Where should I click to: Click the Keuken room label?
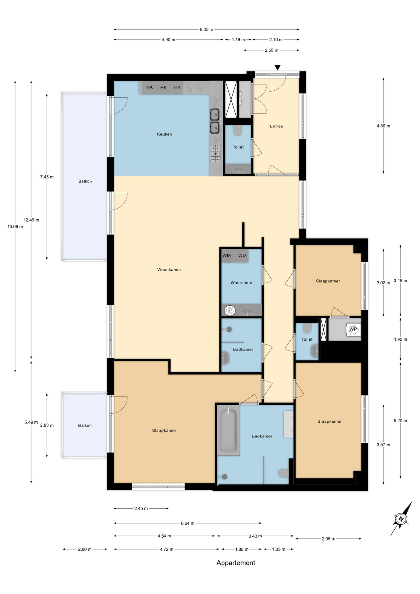(x=164, y=134)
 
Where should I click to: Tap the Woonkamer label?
(x=169, y=270)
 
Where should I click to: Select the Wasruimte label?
(x=242, y=283)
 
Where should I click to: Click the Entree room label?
(x=276, y=126)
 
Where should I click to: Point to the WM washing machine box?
(x=227, y=256)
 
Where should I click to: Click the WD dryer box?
(x=242, y=256)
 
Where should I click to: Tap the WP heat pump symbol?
(x=353, y=329)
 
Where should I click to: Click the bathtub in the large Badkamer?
(x=228, y=430)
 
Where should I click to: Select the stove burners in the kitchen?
(x=216, y=154)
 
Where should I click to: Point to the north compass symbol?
(x=401, y=519)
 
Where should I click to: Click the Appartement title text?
(x=236, y=563)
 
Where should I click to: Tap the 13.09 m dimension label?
(x=15, y=226)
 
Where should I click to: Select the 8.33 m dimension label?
(x=206, y=29)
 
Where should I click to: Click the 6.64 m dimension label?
(x=188, y=523)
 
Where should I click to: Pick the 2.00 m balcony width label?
(x=85, y=549)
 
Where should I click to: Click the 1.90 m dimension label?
(x=401, y=339)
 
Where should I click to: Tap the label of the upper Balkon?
(x=85, y=181)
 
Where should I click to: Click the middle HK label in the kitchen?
(x=163, y=88)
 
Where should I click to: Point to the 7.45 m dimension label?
(x=47, y=177)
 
